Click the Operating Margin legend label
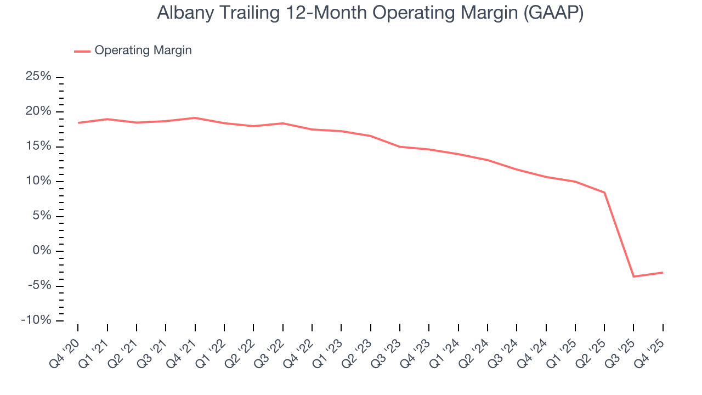[143, 50]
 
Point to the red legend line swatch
[82, 51]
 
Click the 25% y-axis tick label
[38, 76]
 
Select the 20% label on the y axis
[38, 111]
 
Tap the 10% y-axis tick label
[38, 181]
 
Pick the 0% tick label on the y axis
[42, 251]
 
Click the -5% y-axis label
[39, 285]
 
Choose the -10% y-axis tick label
[36, 320]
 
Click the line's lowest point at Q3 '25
[633, 276]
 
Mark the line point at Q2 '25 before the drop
[604, 193]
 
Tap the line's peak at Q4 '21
[195, 117]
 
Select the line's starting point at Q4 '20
[78, 123]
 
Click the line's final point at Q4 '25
[663, 272]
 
